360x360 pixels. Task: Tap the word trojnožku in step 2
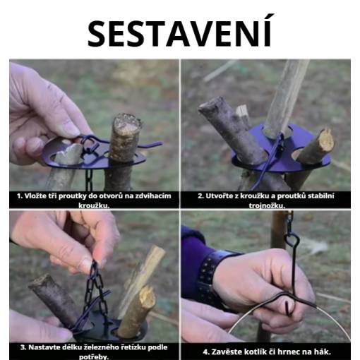click(267, 205)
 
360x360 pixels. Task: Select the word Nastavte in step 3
click(42, 347)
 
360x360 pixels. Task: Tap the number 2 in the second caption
click(200, 196)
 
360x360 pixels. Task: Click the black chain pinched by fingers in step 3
click(95, 289)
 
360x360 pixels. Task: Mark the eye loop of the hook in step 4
click(292, 240)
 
